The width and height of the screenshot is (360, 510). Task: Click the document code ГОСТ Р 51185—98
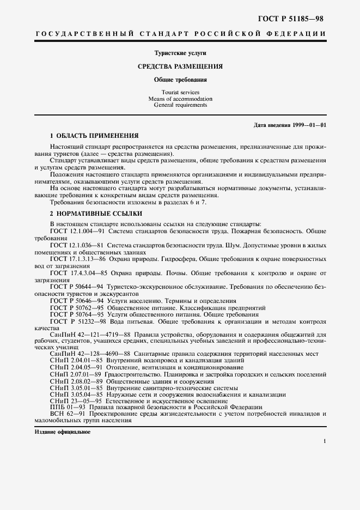[x=295, y=19]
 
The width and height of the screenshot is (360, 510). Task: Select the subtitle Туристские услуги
[x=180, y=53]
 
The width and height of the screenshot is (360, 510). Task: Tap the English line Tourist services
[x=180, y=93]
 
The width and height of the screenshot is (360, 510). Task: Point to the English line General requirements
[x=180, y=105]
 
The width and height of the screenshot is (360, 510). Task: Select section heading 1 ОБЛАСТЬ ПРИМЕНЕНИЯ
[x=94, y=135]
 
